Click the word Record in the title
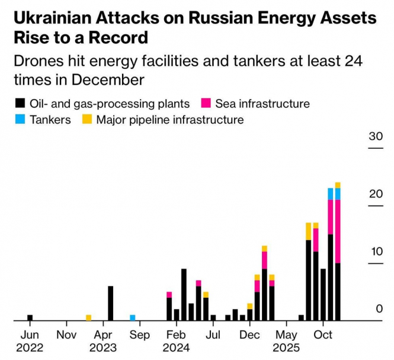pyautogui.click(x=118, y=38)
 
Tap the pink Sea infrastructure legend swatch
pyautogui.click(x=207, y=104)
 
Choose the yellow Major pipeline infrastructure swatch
pyautogui.click(x=87, y=120)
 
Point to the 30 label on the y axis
pyautogui.click(x=375, y=136)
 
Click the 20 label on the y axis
pyautogui.click(x=375, y=194)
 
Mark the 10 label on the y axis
pyautogui.click(x=375, y=251)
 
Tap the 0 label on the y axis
pyautogui.click(x=379, y=308)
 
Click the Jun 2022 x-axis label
pyautogui.click(x=30, y=341)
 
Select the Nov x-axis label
pyautogui.click(x=66, y=335)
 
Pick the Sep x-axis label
pyautogui.click(x=140, y=335)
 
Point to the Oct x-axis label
pyautogui.click(x=323, y=335)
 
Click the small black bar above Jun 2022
pyautogui.click(x=30, y=317)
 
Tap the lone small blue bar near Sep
pyautogui.click(x=133, y=317)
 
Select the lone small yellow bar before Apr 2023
pyautogui.click(x=89, y=317)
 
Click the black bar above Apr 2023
pyautogui.click(x=111, y=303)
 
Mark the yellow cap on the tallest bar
pyautogui.click(x=338, y=185)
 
